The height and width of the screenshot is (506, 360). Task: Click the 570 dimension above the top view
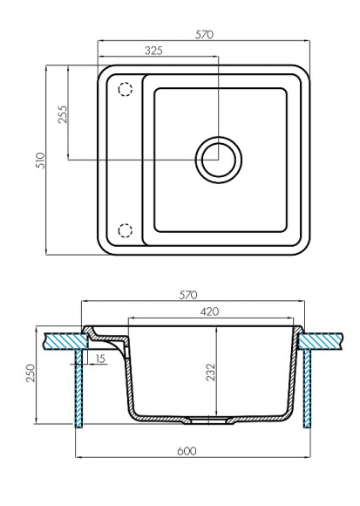coord(206,34)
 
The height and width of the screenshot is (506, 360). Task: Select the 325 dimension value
coord(153,51)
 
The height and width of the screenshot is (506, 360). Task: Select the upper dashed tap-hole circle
coord(125,89)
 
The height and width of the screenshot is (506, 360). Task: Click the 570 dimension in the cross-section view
coord(189,295)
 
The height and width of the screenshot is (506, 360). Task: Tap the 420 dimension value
coord(209,311)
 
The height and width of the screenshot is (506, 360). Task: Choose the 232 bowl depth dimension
coord(211,373)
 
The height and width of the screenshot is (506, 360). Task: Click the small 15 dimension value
coord(102,359)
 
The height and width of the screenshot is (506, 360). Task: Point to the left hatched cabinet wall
coord(79,387)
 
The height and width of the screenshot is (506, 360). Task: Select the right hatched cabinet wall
coord(306,387)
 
